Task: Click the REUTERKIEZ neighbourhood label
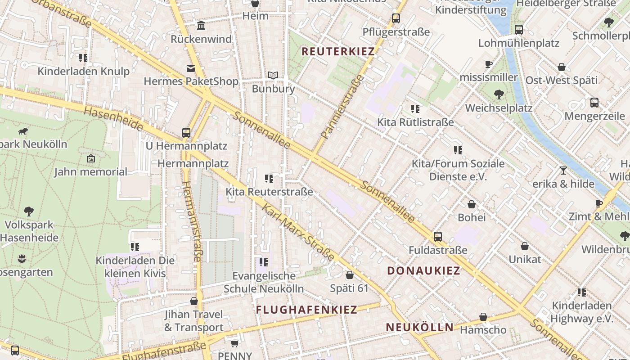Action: pos(338,51)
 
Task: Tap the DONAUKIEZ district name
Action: pos(424,270)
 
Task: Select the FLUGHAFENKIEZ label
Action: pos(306,310)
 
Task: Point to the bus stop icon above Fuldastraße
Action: pos(437,236)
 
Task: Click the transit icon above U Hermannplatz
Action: pos(186,133)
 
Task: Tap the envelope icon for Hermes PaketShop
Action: pos(191,68)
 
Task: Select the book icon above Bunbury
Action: pos(273,75)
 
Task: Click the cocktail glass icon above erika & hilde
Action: pos(563,170)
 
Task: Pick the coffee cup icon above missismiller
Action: pos(488,64)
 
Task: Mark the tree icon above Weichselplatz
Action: pos(499,94)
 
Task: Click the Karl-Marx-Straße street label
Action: pos(298,232)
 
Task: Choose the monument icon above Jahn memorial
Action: pos(91,158)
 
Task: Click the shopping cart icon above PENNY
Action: pos(234,343)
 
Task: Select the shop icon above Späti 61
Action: pos(349,275)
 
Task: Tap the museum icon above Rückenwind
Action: pos(201,25)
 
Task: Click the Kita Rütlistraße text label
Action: pos(415,122)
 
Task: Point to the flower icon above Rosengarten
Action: pos(22,259)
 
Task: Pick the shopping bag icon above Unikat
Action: pos(525,246)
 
